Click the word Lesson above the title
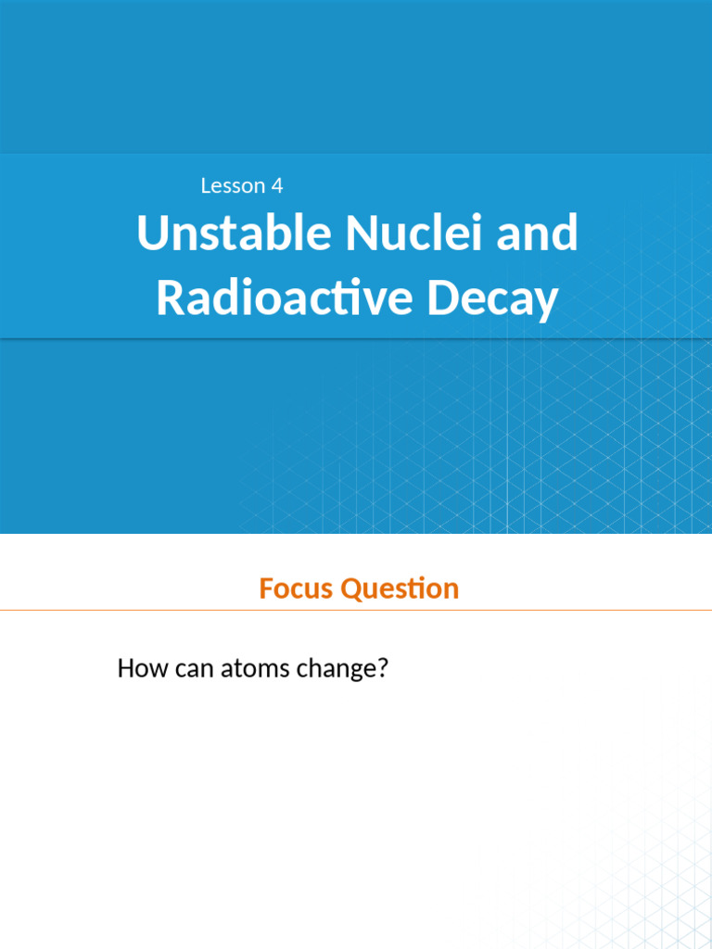[233, 186]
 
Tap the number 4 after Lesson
[277, 186]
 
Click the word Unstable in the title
[234, 234]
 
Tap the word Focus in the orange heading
[297, 588]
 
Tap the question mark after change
[380, 668]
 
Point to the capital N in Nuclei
[360, 234]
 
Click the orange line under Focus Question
[356, 610]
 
